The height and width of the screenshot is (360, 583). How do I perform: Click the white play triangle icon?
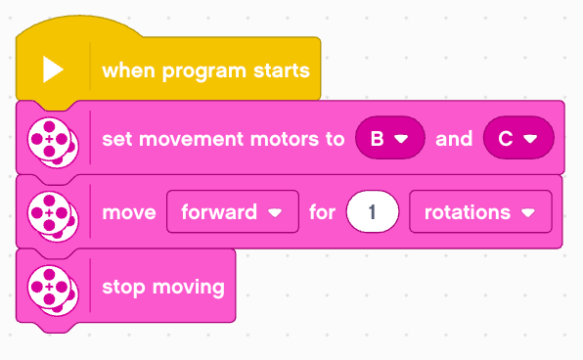53,69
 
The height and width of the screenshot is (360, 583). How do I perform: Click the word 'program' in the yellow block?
203,71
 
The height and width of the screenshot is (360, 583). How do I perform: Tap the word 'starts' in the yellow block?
282,70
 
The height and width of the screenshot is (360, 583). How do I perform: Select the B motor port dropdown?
390,138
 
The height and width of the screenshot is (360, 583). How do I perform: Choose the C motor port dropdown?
518,138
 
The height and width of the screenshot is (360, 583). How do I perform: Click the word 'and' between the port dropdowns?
454,139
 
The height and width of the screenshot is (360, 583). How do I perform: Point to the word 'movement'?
191,140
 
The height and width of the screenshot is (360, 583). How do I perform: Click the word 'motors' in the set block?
285,140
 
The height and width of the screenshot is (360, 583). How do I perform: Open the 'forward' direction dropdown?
233,211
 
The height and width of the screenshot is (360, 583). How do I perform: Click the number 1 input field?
373,211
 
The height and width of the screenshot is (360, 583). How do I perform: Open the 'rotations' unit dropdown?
480,211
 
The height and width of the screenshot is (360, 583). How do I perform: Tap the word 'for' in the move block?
323,212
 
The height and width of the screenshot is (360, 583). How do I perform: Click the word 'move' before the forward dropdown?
129,213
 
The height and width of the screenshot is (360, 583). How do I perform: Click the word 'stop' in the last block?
123,288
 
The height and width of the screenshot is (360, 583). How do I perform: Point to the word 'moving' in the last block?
189,288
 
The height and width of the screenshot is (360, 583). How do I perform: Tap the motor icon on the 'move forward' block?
53,216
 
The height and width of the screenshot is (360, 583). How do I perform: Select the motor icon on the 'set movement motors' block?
53,143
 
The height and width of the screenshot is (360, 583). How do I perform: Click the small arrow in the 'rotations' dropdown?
528,212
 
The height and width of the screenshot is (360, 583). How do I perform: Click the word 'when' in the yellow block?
128,69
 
